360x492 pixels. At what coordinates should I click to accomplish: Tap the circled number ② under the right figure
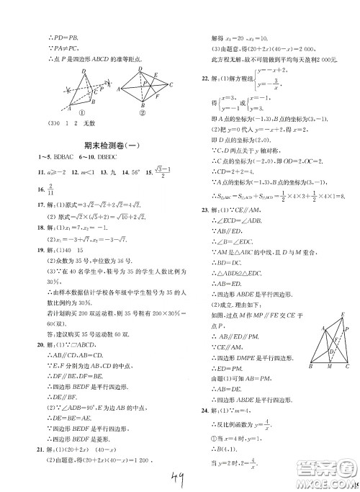click(142, 112)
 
